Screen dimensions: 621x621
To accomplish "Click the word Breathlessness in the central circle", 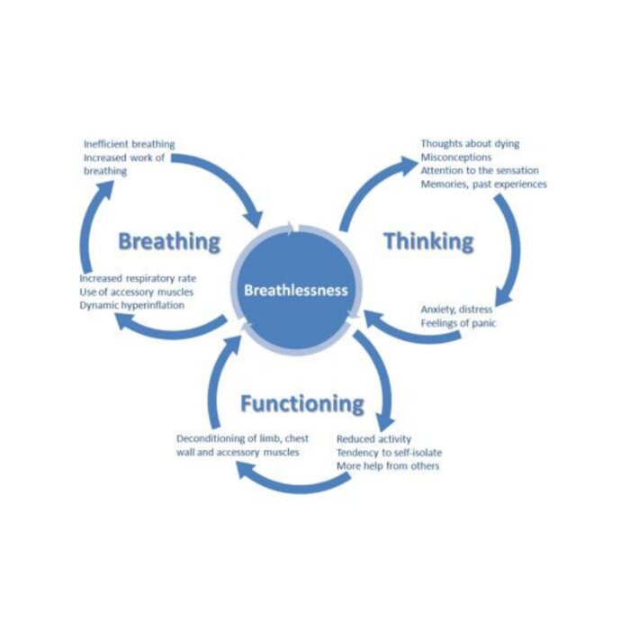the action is point(296,291).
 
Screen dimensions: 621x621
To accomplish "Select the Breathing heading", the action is point(169,241).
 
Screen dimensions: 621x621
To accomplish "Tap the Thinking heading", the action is point(429,241).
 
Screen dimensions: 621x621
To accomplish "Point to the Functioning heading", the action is point(302,404).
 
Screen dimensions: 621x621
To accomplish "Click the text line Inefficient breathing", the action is point(129,144).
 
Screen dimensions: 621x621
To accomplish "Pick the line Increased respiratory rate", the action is point(138,278).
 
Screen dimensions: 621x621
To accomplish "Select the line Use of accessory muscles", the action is point(136,292).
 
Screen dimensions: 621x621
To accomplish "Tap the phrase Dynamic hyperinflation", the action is point(132,306).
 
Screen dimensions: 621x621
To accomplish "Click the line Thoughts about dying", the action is point(470,143).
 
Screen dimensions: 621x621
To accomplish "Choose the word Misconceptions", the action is point(455,157).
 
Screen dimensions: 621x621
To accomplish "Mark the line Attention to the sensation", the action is point(480,171).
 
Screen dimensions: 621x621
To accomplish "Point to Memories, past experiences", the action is point(483,184).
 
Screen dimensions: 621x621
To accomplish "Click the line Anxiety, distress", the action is point(456,310).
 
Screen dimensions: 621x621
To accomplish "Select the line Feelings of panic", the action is point(458,323).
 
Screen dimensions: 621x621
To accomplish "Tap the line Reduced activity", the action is point(373,439).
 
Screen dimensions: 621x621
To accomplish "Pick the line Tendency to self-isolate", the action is point(390,453).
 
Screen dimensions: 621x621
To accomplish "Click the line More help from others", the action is point(388,466).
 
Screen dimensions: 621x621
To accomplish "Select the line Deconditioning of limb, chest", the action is point(242,438).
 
